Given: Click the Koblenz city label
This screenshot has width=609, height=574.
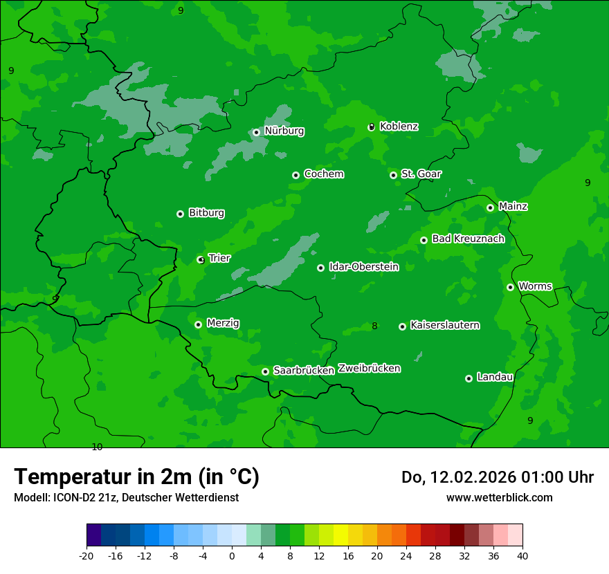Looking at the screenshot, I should [399, 127].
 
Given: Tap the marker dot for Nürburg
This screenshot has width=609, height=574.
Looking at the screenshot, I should [256, 132].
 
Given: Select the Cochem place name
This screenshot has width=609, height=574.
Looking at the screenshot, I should [323, 174].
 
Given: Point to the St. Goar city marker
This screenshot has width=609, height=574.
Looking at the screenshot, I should [393, 175].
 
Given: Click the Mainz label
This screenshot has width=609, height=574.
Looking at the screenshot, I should [513, 207].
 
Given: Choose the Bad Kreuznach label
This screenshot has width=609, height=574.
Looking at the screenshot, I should [468, 239].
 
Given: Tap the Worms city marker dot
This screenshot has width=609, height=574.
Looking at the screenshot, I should [510, 287].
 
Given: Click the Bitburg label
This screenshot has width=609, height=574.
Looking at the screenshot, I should [206, 213].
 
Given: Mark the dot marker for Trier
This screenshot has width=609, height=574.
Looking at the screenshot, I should [201, 260].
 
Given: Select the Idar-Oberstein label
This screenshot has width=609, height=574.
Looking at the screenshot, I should [363, 267].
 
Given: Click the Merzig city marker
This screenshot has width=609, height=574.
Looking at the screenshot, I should [198, 324].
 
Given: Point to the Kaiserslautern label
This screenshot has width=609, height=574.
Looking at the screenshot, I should [444, 325].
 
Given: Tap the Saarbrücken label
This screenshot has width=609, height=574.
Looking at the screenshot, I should [304, 371].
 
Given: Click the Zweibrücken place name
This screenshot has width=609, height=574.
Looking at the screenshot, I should [369, 369].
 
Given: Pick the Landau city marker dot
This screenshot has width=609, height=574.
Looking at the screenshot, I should [469, 378].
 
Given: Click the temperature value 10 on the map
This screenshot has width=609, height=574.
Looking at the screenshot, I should [97, 447].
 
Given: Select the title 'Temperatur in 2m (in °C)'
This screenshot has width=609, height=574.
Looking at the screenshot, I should [136, 477].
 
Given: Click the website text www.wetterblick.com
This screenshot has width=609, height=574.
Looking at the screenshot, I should [499, 497].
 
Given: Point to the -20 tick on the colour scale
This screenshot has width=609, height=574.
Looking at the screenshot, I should [87, 556].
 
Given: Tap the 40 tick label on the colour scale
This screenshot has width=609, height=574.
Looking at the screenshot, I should [522, 556].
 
